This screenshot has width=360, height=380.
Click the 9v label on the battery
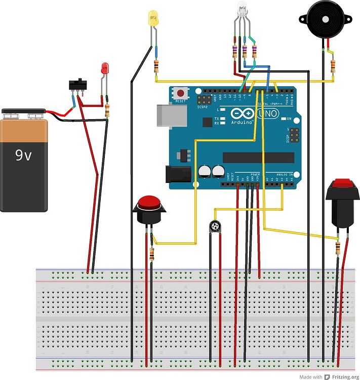click(23, 156)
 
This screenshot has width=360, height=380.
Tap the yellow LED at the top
click(152, 19)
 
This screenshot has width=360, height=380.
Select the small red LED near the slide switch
click(105, 68)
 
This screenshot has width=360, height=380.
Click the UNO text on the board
click(270, 113)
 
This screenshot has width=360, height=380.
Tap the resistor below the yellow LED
click(156, 66)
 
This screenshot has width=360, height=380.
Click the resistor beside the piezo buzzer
click(333, 66)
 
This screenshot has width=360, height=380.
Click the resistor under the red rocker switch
click(338, 247)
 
